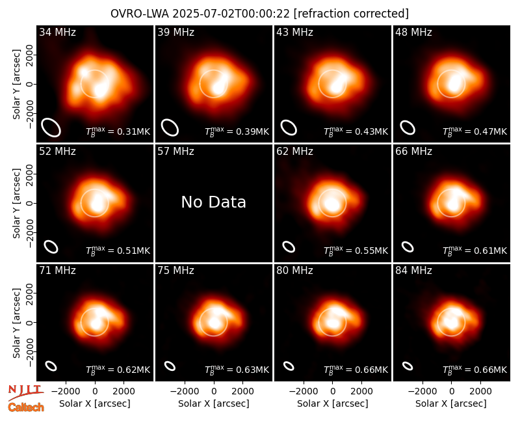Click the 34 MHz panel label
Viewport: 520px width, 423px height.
point(57,32)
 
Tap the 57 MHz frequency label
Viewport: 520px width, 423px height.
point(175,152)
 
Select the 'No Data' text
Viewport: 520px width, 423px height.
point(214,202)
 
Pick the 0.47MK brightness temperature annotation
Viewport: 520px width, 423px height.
point(475,131)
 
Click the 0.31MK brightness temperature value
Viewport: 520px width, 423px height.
point(118,131)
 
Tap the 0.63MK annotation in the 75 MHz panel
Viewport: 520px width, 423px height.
point(237,370)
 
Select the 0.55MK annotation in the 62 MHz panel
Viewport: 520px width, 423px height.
point(356,251)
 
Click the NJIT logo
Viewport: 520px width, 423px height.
point(25,392)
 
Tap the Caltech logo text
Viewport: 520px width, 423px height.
point(26,407)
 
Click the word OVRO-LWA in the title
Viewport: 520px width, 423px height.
point(140,14)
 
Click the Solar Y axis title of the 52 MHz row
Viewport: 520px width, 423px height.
point(17,203)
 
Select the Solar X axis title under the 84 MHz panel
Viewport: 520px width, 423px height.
point(451,403)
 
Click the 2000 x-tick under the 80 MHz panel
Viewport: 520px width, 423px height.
point(362,392)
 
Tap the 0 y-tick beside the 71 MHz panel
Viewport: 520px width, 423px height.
point(30,322)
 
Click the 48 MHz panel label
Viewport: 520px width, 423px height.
point(413,32)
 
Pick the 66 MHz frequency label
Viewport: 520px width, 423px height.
point(413,152)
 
